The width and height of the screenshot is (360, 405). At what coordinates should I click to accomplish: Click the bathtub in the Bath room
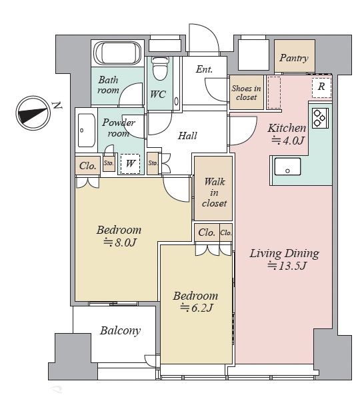click(x=117, y=53)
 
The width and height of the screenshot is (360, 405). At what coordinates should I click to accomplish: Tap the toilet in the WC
click(x=160, y=68)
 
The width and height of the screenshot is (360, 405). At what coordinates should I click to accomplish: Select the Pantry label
click(x=294, y=58)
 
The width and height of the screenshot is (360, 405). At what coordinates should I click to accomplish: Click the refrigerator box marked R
click(x=321, y=87)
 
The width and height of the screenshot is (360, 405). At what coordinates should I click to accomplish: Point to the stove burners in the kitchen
click(x=320, y=118)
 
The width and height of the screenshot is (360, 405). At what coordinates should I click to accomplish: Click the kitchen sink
click(x=287, y=167)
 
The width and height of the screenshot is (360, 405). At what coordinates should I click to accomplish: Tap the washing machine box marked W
click(x=130, y=164)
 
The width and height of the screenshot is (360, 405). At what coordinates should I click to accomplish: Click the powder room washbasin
click(x=86, y=130)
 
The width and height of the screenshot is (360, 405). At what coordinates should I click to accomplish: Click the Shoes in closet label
click(x=246, y=93)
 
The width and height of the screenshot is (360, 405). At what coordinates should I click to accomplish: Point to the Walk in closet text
click(x=214, y=193)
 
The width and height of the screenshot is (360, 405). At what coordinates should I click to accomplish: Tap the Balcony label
click(x=121, y=331)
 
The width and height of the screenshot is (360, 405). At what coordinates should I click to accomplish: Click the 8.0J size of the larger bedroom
click(x=120, y=242)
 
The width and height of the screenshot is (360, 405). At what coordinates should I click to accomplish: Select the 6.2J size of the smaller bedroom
click(x=197, y=308)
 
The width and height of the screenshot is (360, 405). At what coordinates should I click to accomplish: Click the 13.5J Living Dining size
click(x=287, y=266)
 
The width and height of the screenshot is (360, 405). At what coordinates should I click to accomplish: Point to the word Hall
click(x=187, y=136)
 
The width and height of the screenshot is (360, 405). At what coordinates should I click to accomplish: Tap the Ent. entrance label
click(x=204, y=69)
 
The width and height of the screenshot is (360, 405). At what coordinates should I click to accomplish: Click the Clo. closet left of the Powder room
click(x=88, y=166)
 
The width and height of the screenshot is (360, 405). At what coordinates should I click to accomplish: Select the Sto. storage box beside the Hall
click(x=153, y=163)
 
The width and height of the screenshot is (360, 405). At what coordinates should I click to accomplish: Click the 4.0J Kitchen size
click(x=287, y=141)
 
